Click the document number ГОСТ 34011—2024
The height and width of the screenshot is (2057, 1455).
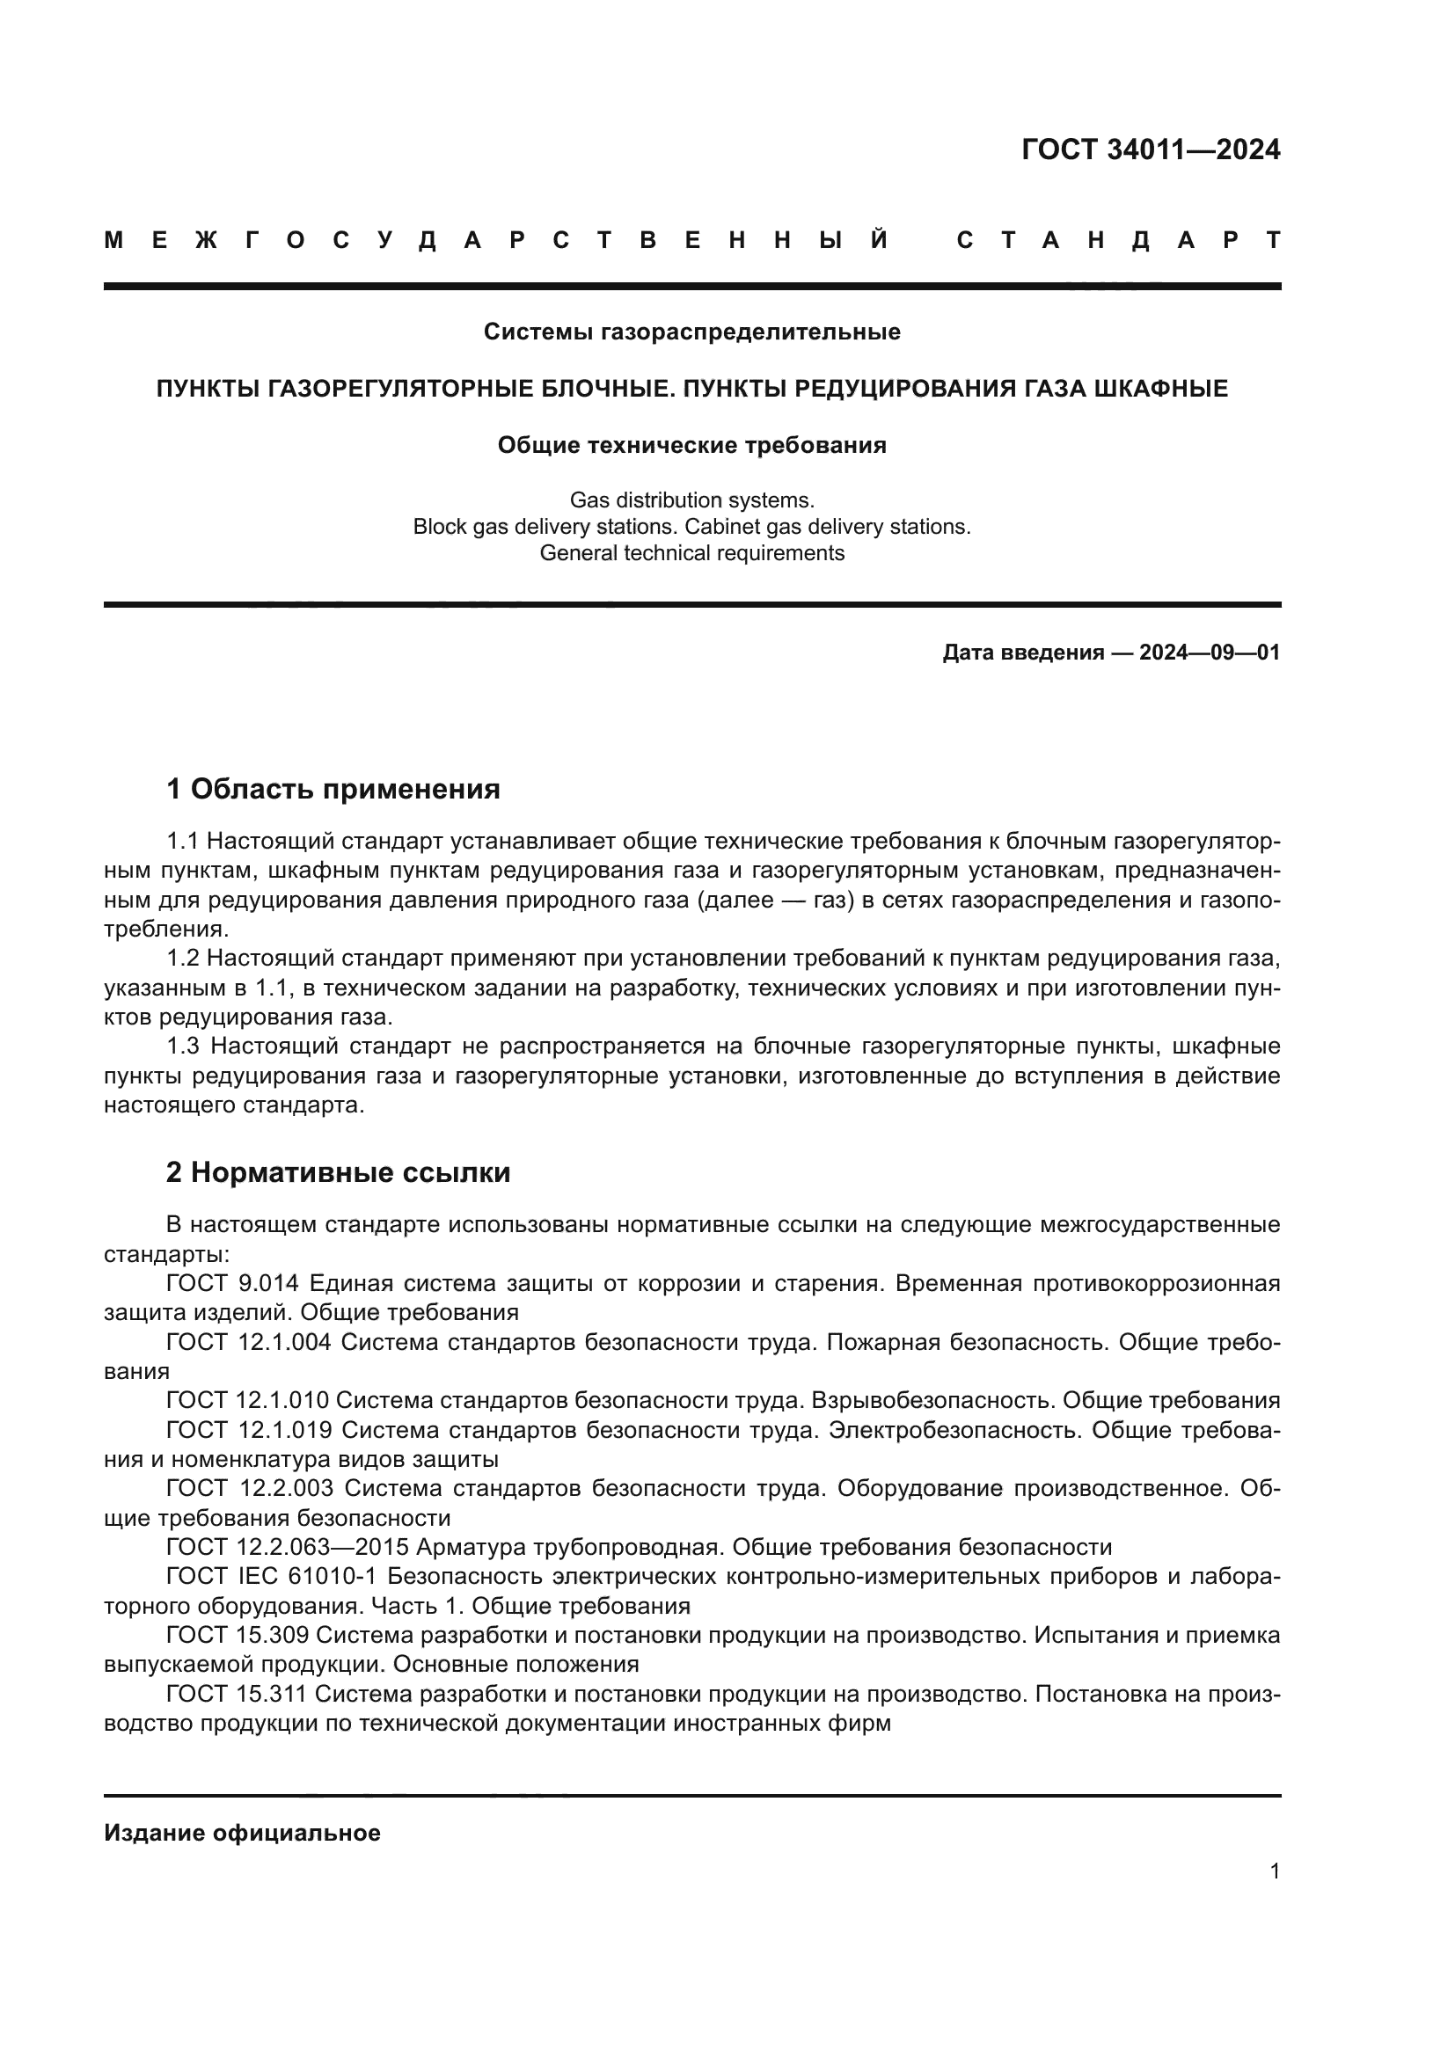1151,150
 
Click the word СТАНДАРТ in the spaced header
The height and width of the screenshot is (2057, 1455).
1118,240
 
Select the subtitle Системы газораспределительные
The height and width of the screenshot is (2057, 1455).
691,332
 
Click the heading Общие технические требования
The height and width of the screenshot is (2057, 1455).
691,445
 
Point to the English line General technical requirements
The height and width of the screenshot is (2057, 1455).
691,553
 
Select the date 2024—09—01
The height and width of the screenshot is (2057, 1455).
1210,653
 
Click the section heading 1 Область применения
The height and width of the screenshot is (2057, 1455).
333,789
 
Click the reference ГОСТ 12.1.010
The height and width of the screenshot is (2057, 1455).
247,1400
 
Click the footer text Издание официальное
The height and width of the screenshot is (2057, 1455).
242,1833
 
